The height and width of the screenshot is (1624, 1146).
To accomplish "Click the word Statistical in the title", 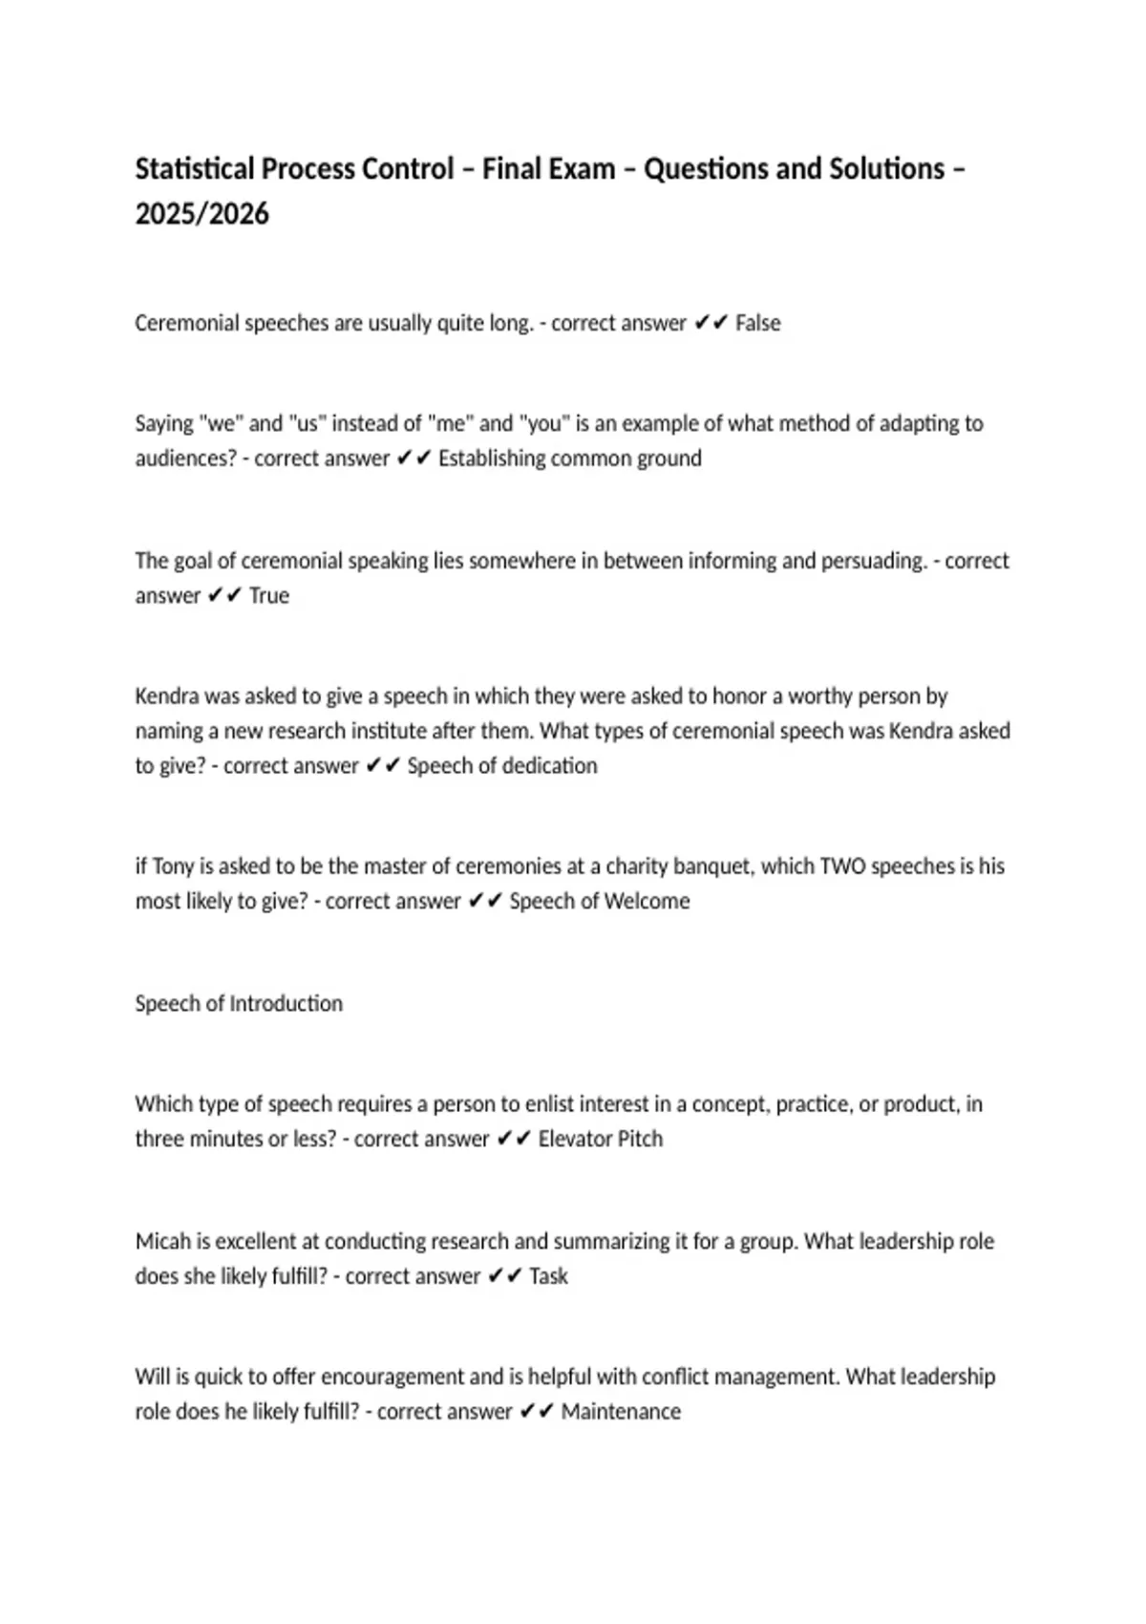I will pyautogui.click(x=194, y=169).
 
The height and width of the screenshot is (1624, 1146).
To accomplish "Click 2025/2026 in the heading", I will pyautogui.click(x=202, y=214).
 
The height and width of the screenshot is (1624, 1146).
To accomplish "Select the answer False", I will pyautogui.click(x=757, y=324).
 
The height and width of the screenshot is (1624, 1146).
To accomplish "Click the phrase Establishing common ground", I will pyautogui.click(x=569, y=459).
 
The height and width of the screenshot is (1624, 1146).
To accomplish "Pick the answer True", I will pyautogui.click(x=268, y=596).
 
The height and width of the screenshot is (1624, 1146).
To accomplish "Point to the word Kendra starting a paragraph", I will pyautogui.click(x=165, y=696).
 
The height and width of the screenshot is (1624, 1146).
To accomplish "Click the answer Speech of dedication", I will pyautogui.click(x=501, y=766).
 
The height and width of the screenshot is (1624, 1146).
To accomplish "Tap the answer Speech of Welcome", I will pyautogui.click(x=599, y=902).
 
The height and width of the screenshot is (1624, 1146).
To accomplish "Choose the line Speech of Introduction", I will pyautogui.click(x=239, y=1004).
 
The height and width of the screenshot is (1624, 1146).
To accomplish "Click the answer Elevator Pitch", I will pyautogui.click(x=600, y=1140).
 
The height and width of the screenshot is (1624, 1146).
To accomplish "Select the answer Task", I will pyautogui.click(x=548, y=1277).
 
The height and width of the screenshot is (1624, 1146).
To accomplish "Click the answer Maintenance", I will pyautogui.click(x=621, y=1412).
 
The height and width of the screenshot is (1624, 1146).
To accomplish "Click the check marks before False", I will pyautogui.click(x=711, y=324).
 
